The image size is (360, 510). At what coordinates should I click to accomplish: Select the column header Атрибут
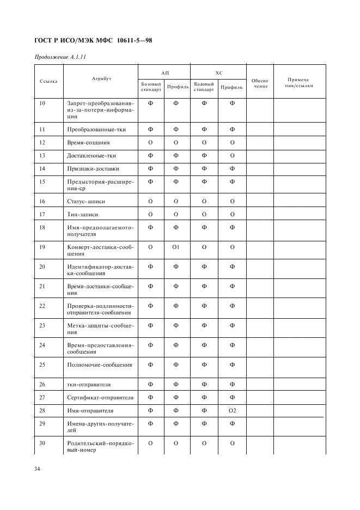(x=101, y=79)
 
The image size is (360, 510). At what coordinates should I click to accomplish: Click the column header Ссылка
(x=48, y=81)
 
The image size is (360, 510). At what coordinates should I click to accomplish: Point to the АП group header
(x=164, y=72)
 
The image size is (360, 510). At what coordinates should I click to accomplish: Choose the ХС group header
(x=219, y=72)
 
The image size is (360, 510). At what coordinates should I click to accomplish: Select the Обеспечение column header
(x=260, y=83)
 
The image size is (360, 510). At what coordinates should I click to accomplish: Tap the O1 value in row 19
(x=176, y=247)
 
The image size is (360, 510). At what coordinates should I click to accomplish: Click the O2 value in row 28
(x=232, y=410)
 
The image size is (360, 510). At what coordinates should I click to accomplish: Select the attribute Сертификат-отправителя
(x=100, y=397)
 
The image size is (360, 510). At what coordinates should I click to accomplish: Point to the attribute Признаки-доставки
(x=93, y=168)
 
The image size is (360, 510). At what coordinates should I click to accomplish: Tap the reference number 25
(x=42, y=364)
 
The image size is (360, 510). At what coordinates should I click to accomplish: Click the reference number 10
(x=42, y=103)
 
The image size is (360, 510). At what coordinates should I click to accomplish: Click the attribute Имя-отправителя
(x=90, y=410)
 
